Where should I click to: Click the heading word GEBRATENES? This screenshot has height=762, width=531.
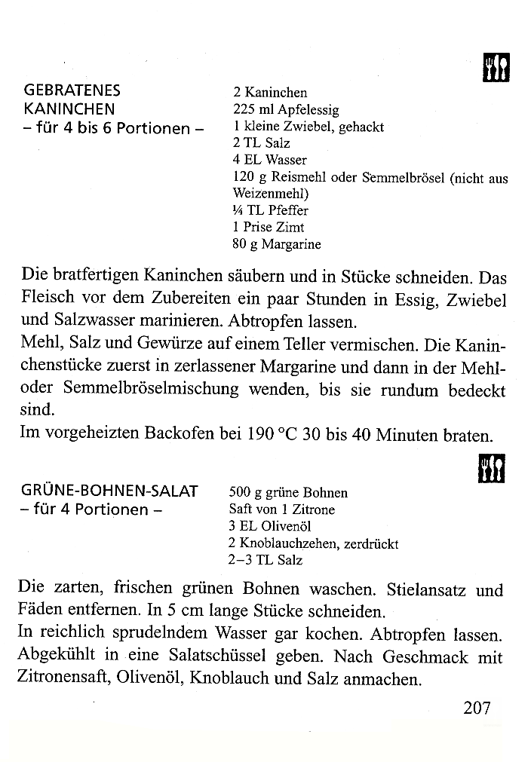tap(72, 91)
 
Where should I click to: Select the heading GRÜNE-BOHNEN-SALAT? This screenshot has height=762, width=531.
tap(111, 491)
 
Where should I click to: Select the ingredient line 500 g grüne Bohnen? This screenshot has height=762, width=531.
tap(287, 493)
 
